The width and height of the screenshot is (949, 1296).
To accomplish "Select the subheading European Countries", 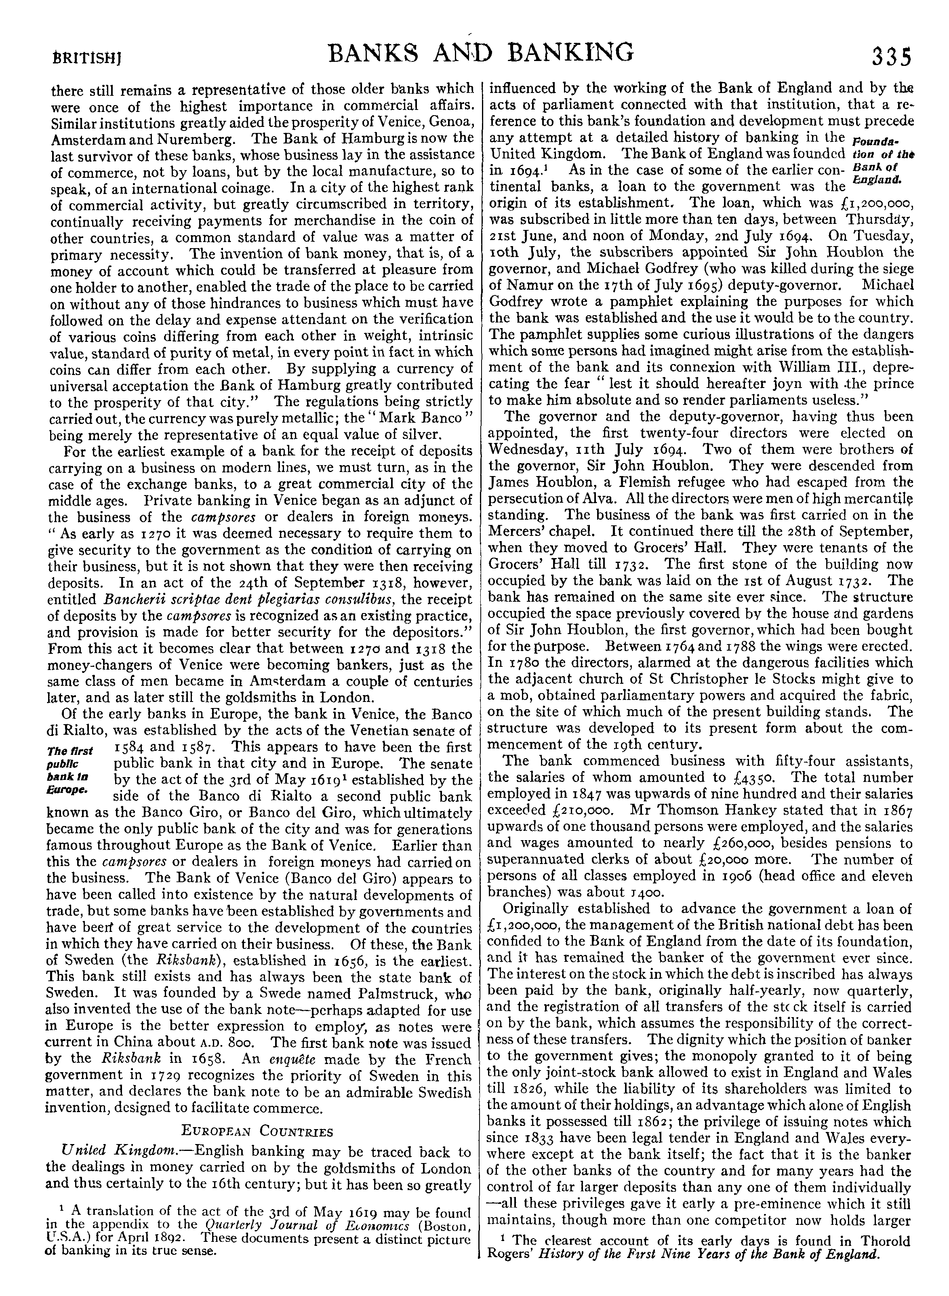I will point(257,1131).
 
